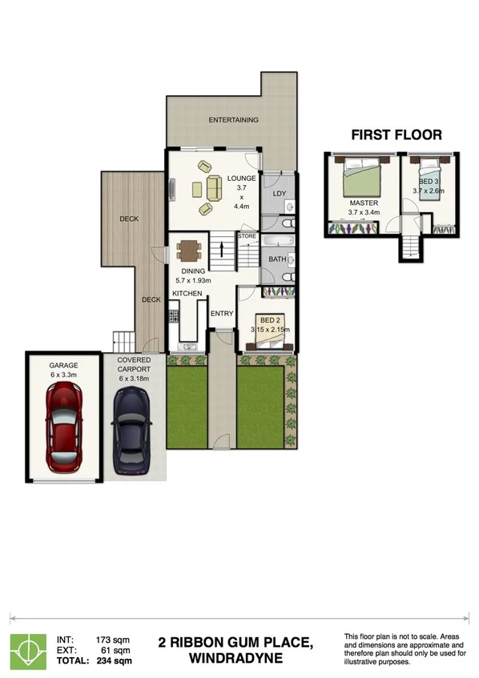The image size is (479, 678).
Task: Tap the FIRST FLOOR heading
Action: (396, 134)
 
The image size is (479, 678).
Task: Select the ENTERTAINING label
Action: (233, 120)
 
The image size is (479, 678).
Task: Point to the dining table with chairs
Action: (189, 252)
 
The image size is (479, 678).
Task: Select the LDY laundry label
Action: (279, 194)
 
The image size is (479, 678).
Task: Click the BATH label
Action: (277, 259)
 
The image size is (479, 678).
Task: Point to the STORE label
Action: (247, 237)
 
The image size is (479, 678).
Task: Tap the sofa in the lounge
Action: (214, 189)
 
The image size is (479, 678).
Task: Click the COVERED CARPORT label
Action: (134, 365)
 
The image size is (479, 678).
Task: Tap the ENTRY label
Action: (221, 313)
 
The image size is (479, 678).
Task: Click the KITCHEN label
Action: (187, 295)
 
